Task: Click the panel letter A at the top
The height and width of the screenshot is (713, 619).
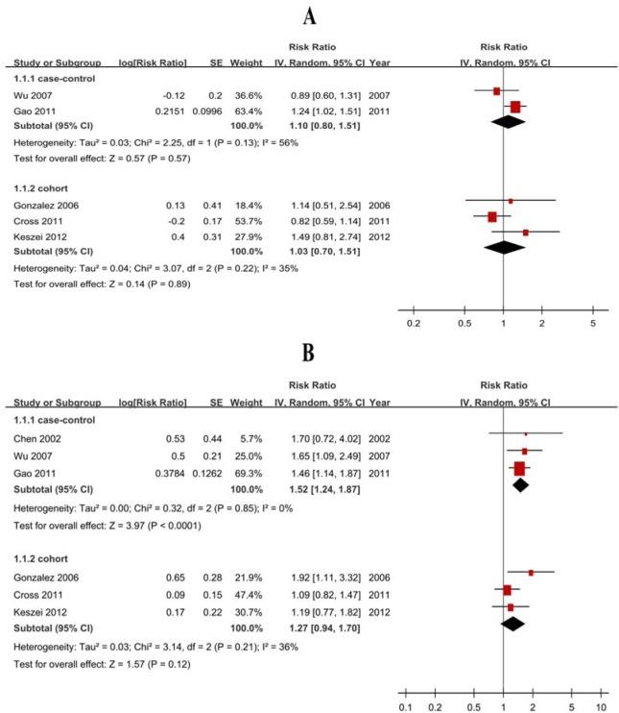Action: [x=309, y=16]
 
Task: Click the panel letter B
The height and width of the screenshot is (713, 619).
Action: [x=309, y=353]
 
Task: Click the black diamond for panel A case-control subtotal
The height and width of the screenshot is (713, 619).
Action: [x=516, y=122]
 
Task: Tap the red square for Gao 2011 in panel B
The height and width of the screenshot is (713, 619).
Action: [x=519, y=469]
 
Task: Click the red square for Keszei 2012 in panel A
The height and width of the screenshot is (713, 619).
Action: [x=525, y=233]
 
